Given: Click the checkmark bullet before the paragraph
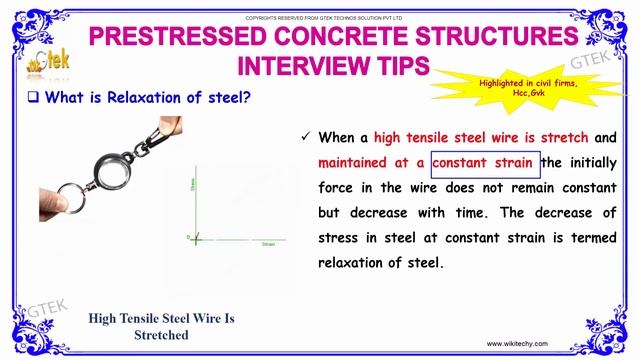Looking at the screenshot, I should click(x=303, y=138).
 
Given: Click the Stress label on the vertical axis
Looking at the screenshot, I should click(x=191, y=185).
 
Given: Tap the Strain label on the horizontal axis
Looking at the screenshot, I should click(x=267, y=243).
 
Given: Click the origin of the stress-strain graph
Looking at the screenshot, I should click(x=196, y=238).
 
